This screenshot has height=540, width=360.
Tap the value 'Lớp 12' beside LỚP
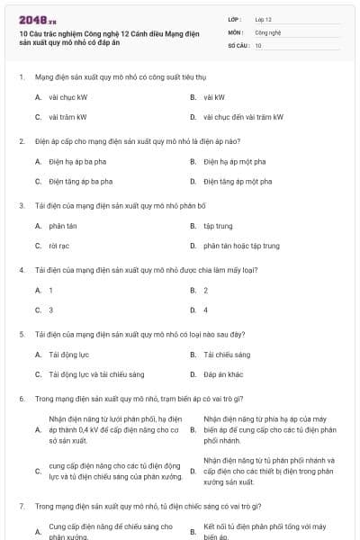(264, 19)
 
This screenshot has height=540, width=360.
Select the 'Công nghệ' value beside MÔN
(267, 31)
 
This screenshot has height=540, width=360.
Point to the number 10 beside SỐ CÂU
(258, 44)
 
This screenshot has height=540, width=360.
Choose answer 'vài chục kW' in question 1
(68, 96)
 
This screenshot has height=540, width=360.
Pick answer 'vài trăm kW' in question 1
(68, 117)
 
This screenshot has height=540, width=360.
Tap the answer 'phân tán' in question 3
(63, 225)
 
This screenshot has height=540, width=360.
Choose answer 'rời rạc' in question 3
(59, 245)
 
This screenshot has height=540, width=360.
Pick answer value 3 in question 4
(50, 310)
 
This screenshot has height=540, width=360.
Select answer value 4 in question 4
(206, 310)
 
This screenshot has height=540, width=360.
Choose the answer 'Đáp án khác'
(223, 373)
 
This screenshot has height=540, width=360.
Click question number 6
(22, 398)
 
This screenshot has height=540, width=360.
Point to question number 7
(22, 506)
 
